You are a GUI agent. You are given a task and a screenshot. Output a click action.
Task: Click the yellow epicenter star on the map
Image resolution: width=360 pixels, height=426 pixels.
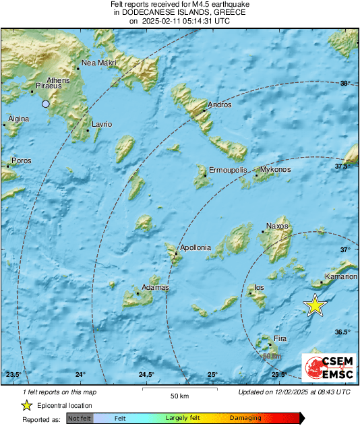point(315,305)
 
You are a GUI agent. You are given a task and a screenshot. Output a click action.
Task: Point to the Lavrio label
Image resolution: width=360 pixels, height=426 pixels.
point(101,125)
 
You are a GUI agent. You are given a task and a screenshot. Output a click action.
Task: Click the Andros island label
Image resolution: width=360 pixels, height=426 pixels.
point(220,105)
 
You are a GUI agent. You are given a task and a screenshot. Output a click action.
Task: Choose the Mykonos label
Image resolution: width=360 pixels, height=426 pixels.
point(275,170)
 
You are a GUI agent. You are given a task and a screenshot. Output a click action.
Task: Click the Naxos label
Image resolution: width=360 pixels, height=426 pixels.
point(277,226)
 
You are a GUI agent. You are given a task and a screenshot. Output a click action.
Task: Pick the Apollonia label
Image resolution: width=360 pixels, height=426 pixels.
point(195,248)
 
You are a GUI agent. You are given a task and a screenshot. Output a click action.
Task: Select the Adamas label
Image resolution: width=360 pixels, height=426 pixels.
point(154,288)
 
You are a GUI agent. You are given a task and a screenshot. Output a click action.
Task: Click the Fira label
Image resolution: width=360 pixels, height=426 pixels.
point(280,339)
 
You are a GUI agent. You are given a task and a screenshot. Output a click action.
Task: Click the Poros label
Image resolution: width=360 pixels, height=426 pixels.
point(22,161)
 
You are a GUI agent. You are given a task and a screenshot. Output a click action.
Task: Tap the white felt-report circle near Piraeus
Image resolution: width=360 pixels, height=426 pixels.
point(45,104)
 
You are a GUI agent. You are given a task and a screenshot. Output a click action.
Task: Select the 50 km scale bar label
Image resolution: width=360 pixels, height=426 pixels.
point(178,394)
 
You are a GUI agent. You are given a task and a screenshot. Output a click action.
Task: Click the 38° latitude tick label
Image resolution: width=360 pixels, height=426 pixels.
point(344,84)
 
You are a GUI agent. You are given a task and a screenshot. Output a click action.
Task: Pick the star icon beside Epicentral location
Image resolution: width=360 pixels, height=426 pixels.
point(26,405)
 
